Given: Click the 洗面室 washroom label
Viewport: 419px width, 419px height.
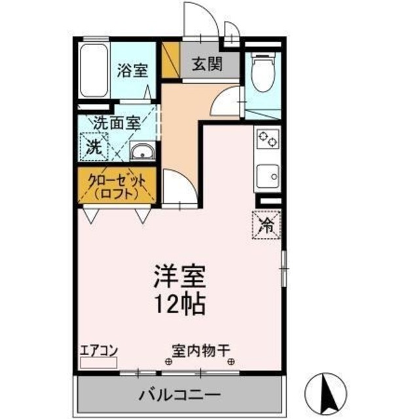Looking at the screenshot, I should coord(117,122).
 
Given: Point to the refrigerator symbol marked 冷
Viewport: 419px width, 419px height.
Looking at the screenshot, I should coord(267,226).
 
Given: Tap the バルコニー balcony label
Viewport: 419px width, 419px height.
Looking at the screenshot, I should coord(179,395).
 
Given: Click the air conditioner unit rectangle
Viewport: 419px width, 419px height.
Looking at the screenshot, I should coord(99,362).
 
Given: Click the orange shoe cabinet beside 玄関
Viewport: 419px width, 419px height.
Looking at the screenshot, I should coord(170,60).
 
